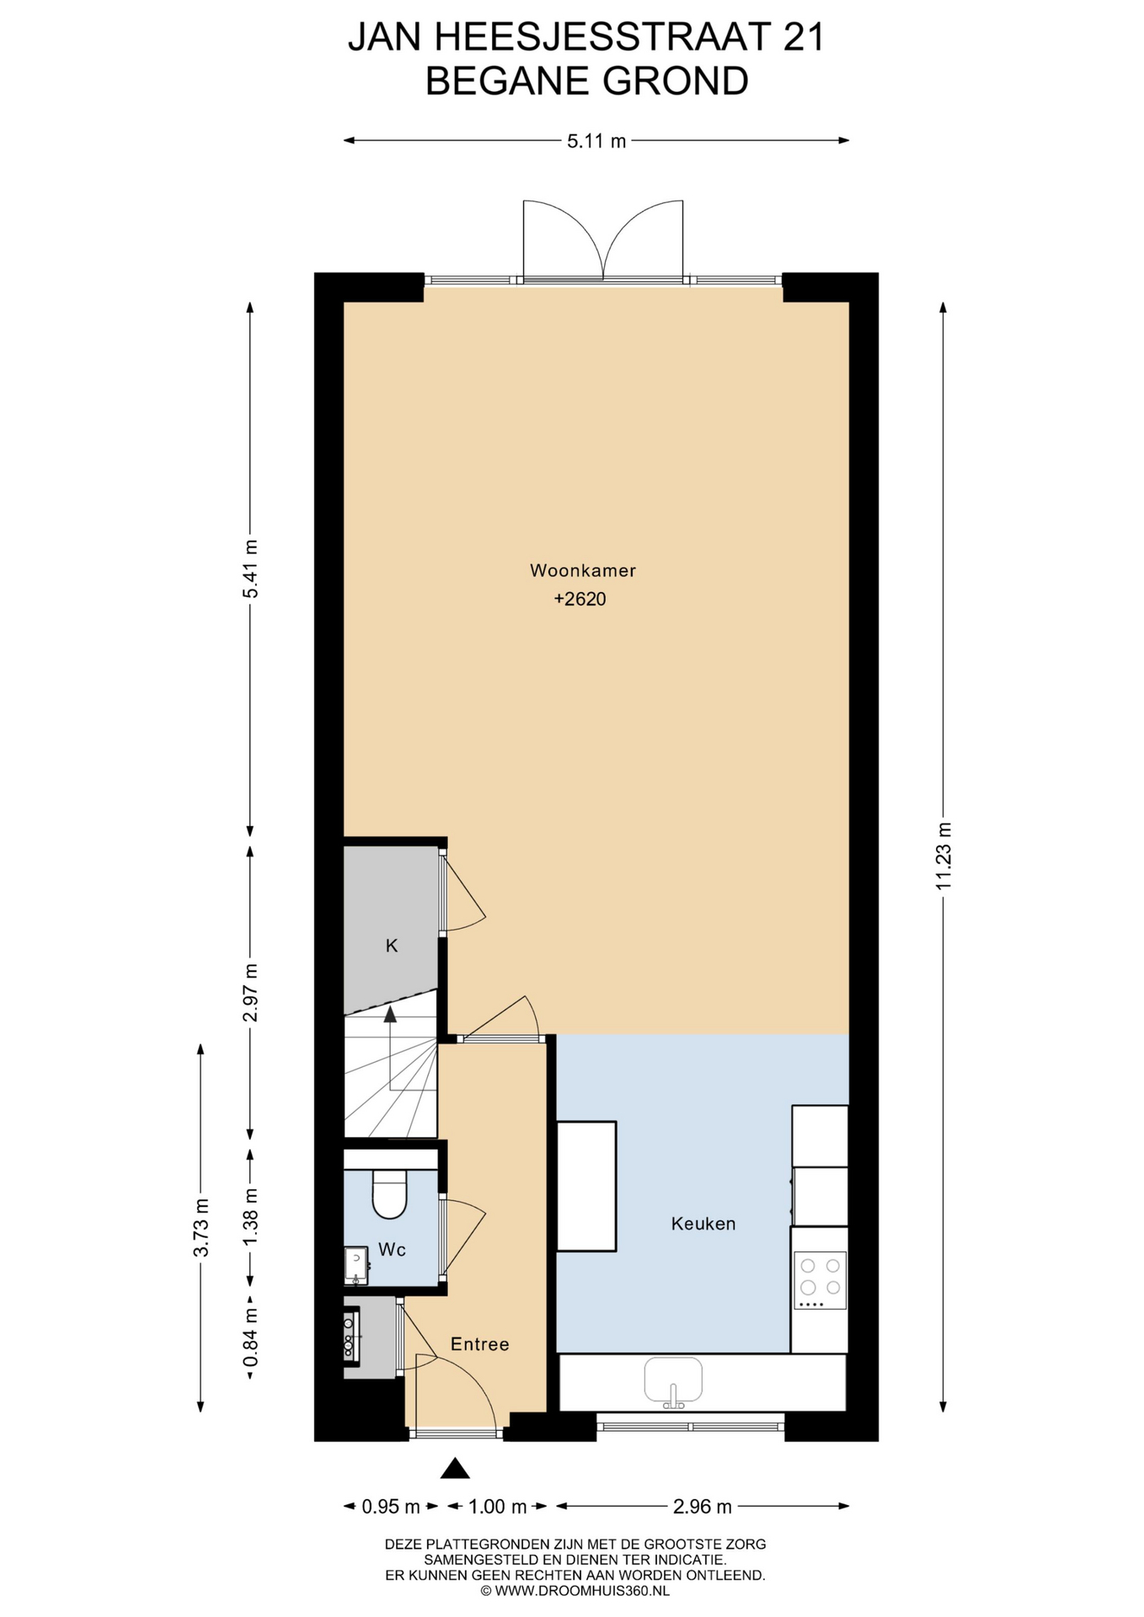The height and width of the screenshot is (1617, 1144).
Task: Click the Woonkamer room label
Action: pyautogui.click(x=582, y=570)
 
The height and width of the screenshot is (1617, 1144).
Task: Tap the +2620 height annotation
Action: pyautogui.click(x=580, y=600)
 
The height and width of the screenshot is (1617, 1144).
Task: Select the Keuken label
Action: pyautogui.click(x=703, y=1224)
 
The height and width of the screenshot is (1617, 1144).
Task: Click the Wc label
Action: pyautogui.click(x=392, y=1250)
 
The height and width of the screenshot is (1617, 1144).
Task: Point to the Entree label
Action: pyautogui.click(x=480, y=1344)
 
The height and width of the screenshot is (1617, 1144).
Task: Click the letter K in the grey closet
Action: pyautogui.click(x=392, y=946)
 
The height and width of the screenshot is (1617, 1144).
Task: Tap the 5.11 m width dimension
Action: pyautogui.click(x=596, y=141)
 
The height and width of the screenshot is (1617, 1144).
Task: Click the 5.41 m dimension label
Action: pyautogui.click(x=250, y=568)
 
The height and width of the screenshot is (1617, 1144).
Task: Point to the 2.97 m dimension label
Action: pyautogui.click(x=250, y=992)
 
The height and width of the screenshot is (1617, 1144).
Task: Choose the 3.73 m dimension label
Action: pyautogui.click(x=200, y=1227)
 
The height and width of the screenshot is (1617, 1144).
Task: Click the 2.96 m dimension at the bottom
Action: pyautogui.click(x=702, y=1507)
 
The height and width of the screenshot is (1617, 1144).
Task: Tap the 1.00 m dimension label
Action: pyautogui.click(x=497, y=1507)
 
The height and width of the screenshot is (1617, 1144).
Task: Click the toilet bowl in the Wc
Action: pyautogui.click(x=390, y=1196)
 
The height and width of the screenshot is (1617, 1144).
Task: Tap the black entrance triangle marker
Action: pyautogui.click(x=456, y=1469)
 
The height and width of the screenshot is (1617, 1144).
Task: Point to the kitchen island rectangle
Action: pyautogui.click(x=587, y=1186)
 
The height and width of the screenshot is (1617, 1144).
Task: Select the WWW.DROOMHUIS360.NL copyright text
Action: pyautogui.click(x=575, y=1592)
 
